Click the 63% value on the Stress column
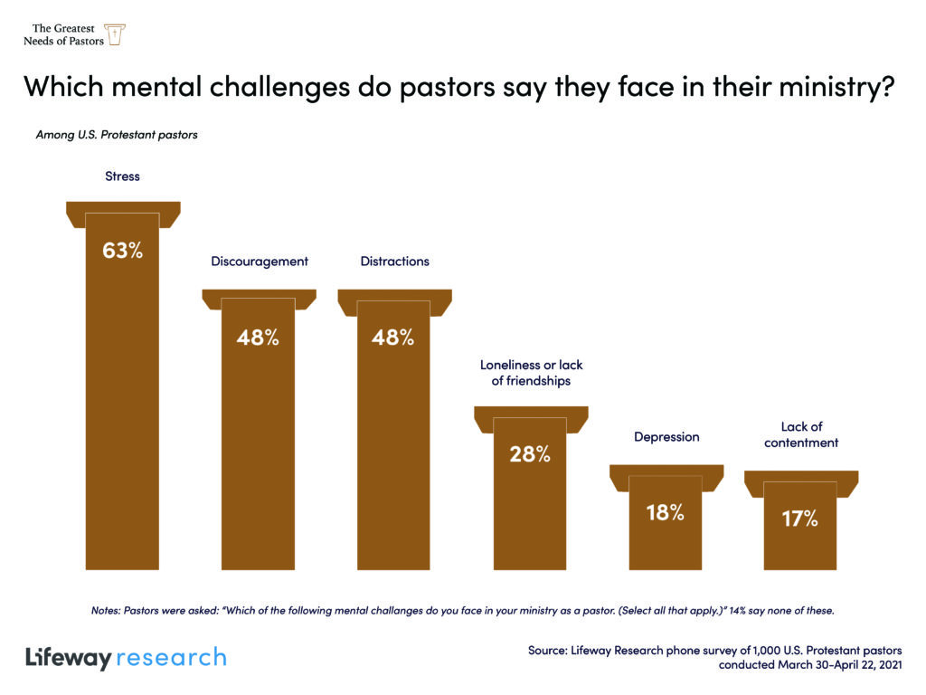122,251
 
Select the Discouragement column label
260,262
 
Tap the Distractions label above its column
394,262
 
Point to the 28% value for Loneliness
529,454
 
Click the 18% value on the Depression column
665,512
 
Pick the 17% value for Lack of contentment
799,519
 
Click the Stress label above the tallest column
122,176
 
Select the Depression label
666,437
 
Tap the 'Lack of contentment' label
800,434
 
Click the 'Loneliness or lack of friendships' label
531,373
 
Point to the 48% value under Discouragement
258,338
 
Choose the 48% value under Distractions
393,338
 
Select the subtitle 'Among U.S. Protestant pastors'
117,135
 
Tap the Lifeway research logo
126,657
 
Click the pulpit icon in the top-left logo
115,35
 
